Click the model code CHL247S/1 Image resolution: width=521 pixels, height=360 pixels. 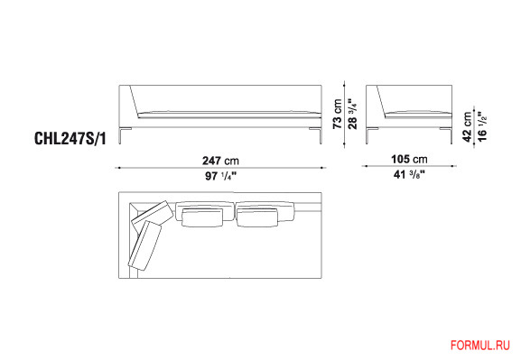[70, 138]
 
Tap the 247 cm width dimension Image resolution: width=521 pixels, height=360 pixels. [220, 161]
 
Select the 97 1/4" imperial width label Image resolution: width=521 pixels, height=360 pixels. [220, 176]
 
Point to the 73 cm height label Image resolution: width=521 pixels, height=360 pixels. [338, 114]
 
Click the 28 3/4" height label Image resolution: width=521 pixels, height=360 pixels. [352, 114]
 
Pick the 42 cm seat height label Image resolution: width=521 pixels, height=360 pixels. [467, 127]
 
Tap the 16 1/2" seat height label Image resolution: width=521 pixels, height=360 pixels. [482, 127]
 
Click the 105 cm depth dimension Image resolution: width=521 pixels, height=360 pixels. [409, 159]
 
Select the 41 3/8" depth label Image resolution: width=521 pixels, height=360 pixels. [409, 174]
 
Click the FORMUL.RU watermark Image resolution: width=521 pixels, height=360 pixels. [479, 346]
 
